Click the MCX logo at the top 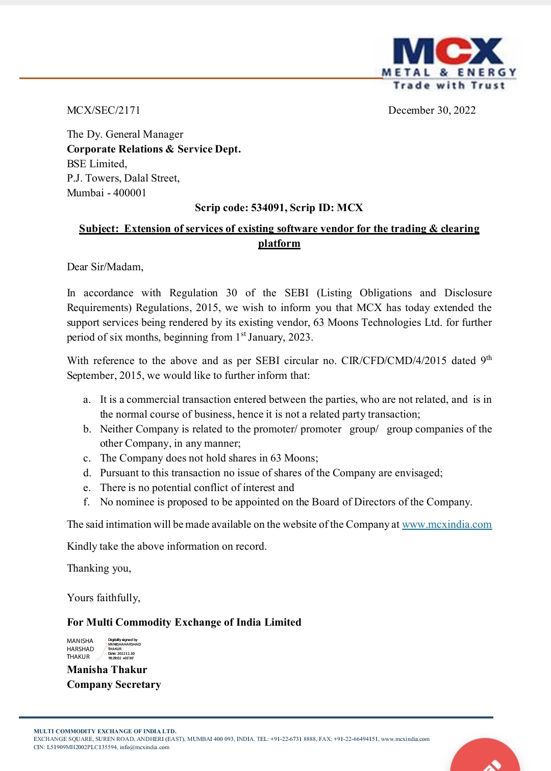point(448,63)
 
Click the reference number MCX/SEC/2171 point(104,110)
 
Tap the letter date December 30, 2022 point(432,110)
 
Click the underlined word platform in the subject point(279,243)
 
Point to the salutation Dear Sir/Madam point(105,267)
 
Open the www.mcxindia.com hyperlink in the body point(446,524)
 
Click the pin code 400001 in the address point(130,193)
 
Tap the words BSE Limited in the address point(96,164)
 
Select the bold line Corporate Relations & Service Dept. point(154,149)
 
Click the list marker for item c point(87,458)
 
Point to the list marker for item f point(86,502)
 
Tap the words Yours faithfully point(104,598)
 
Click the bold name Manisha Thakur point(107,670)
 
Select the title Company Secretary point(114,684)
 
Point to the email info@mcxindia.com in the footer point(144,747)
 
